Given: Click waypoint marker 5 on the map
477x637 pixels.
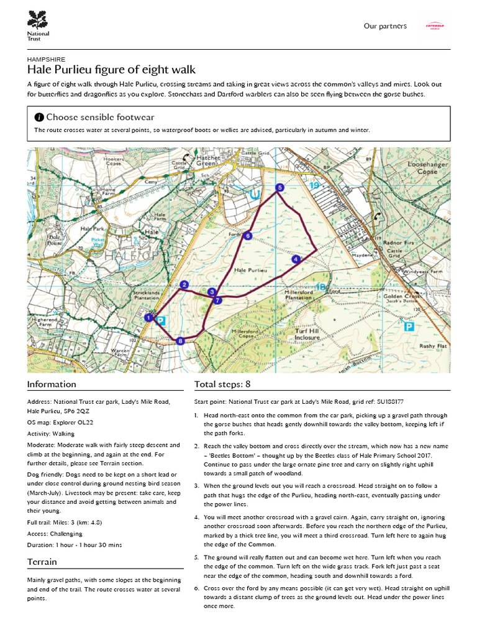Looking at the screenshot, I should tap(279, 187).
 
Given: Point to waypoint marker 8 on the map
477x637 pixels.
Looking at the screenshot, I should tap(180, 340).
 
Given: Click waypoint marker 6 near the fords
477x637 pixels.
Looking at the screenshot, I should tap(248, 236).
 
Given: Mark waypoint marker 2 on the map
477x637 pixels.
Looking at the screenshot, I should tap(183, 285).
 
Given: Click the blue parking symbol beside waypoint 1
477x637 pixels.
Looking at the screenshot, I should tap(161, 321).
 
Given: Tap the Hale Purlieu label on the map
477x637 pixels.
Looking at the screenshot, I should tap(251, 271).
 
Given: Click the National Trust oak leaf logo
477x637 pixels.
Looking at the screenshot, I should tap(38, 19).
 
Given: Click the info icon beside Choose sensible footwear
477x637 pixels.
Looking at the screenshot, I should tap(39, 117).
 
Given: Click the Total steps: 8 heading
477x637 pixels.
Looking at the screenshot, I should tap(222, 384).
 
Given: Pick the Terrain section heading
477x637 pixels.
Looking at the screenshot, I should tap(42, 562).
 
